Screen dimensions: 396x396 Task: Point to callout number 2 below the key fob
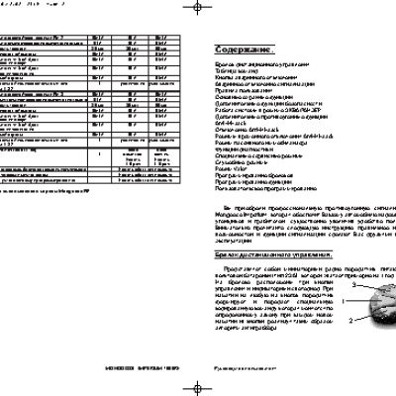pos(350,293)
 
